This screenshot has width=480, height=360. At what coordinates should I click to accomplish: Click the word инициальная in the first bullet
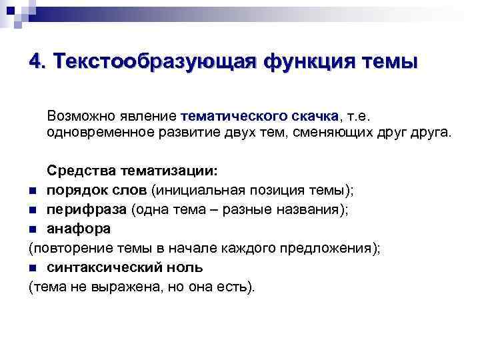pos(200,191)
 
